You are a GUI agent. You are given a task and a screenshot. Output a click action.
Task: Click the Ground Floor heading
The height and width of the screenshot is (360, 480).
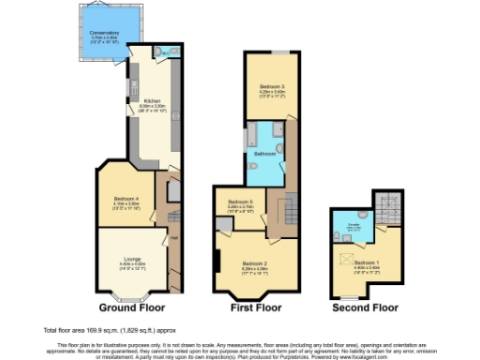tap(131, 307)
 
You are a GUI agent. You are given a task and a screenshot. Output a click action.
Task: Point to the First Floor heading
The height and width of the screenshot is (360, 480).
tap(256, 307)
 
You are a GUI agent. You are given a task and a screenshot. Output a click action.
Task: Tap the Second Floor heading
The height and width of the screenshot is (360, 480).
tap(366, 307)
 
